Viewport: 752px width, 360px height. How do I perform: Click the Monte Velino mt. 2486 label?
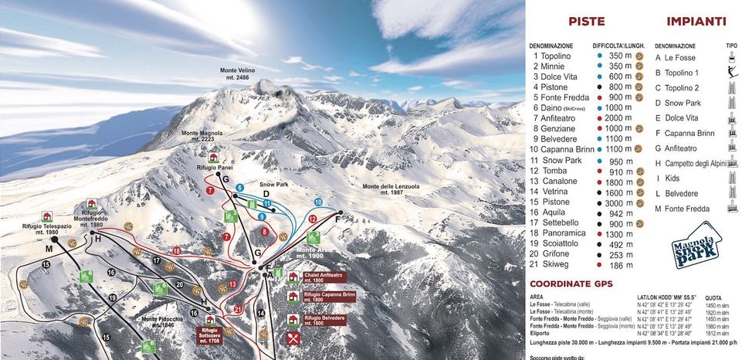coord(237,73)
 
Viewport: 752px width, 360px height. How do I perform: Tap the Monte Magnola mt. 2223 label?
coord(202,137)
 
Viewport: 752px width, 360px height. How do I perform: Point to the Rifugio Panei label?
coord(215,167)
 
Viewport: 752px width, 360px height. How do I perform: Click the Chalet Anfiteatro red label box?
coord(323,277)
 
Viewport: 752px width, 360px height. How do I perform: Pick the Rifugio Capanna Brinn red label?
coord(329,297)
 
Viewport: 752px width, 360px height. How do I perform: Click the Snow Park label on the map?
coord(273,185)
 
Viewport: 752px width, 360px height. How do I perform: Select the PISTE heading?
coord(586,22)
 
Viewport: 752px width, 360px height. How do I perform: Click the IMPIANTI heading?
coord(696,22)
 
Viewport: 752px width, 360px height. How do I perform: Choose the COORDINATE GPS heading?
coord(571,284)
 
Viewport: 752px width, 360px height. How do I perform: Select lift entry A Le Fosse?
coord(676,58)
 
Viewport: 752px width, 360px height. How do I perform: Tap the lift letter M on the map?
coord(48,250)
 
